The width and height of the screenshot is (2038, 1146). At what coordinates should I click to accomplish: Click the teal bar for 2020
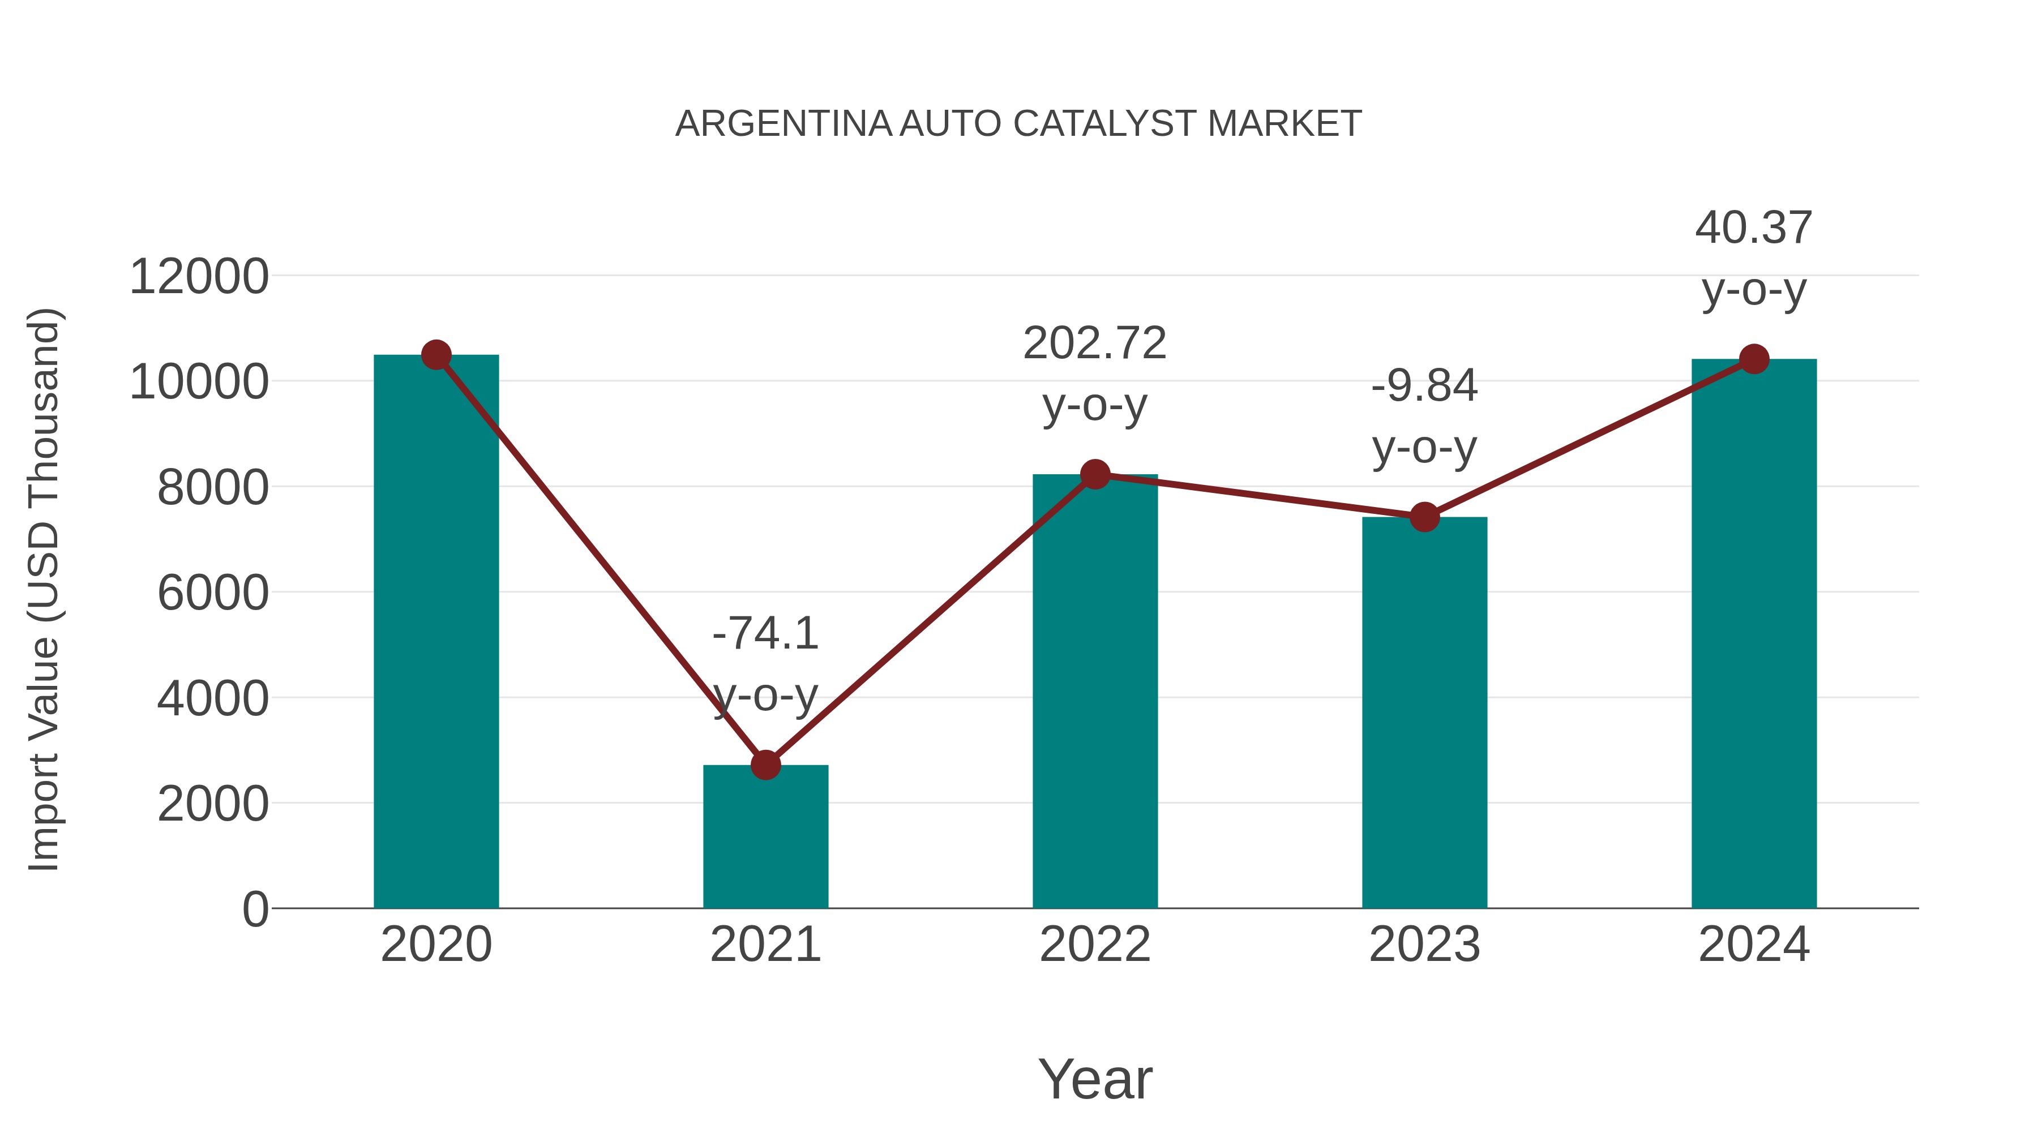(436, 633)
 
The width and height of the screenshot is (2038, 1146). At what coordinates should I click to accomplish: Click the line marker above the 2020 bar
(436, 355)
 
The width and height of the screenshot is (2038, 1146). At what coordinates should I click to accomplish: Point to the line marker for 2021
(765, 765)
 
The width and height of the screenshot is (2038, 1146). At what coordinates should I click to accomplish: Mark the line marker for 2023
(1424, 517)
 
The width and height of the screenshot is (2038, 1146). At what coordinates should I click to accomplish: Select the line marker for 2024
(1754, 359)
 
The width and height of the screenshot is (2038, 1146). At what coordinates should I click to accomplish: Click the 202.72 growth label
(1094, 344)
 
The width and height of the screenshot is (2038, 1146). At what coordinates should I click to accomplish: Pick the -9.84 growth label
(1424, 387)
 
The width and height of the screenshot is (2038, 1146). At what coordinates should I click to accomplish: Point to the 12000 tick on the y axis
(199, 278)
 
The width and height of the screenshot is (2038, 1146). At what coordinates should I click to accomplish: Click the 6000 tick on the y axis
(213, 593)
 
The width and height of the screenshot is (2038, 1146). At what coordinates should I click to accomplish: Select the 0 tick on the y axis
(255, 909)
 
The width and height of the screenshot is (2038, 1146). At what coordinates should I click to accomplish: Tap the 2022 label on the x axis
(1095, 945)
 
